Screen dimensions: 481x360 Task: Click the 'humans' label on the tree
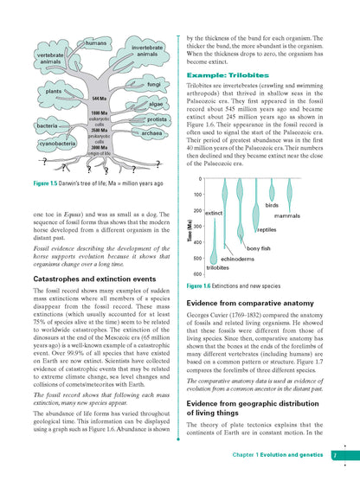[x=96, y=43]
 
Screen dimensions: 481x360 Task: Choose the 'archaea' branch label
[x=151, y=133]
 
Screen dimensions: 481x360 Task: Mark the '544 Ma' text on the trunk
[x=98, y=100]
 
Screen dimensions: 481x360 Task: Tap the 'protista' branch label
[x=157, y=119]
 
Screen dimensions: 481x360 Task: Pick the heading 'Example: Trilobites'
[x=224, y=75]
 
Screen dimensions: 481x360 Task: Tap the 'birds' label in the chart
[x=272, y=205]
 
